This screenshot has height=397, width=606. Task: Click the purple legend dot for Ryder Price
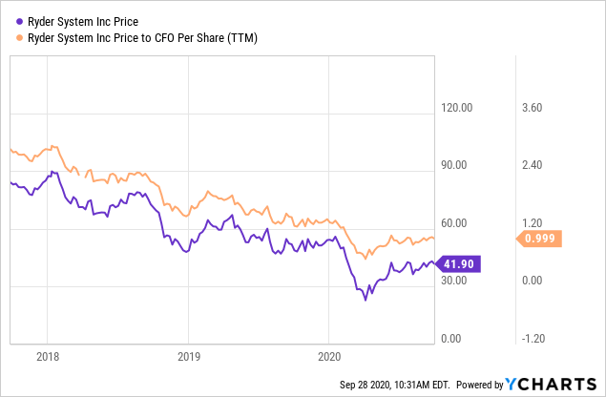point(19,18)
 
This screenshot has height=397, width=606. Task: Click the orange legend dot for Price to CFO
point(19,37)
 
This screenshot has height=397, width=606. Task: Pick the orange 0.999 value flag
point(541,239)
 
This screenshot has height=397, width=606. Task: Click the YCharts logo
point(554,385)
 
